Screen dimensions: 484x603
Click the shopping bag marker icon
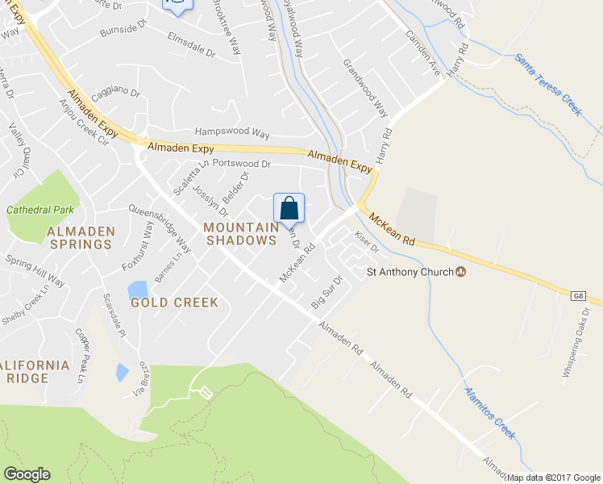289,208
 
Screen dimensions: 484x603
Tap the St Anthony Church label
410,272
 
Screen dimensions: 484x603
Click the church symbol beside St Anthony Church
461,272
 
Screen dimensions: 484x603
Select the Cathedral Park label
40,210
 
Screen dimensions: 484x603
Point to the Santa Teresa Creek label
548,85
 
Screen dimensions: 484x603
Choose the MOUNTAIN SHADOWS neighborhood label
239,233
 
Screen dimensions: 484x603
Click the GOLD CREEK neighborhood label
175,302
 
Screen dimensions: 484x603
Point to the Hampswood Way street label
232,131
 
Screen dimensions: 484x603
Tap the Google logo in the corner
27,474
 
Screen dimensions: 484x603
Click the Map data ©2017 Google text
553,478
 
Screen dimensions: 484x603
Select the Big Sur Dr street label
327,292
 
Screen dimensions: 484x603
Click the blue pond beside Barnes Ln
137,289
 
